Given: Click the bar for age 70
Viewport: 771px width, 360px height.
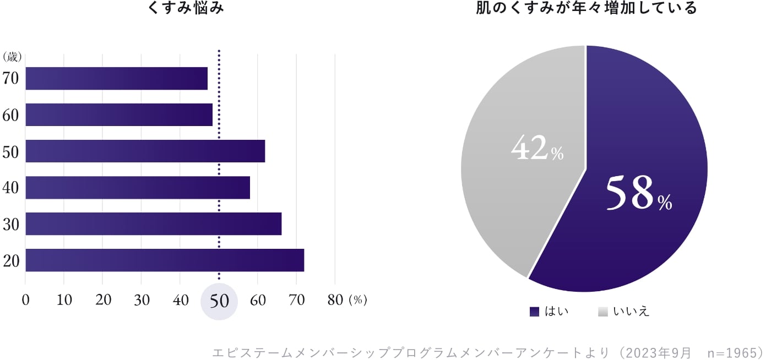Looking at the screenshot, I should pyautogui.click(x=117, y=78).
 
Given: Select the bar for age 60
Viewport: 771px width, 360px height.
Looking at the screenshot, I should pyautogui.click(x=119, y=114).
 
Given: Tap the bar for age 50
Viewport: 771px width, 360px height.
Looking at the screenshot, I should pyautogui.click(x=145, y=151).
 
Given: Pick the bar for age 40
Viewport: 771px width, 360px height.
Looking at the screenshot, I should pyautogui.click(x=138, y=187).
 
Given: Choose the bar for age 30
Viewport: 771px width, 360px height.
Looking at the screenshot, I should pyautogui.click(x=154, y=223).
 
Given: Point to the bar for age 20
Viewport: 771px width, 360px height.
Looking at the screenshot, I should pyautogui.click(x=165, y=260).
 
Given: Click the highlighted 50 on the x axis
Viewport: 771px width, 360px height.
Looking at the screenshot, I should pyautogui.click(x=219, y=301).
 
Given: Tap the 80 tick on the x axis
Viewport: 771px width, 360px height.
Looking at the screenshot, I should pyautogui.click(x=335, y=300).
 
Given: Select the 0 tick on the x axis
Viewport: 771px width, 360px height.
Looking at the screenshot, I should pyautogui.click(x=25, y=300).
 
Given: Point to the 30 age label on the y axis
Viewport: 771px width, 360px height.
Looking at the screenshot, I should pyautogui.click(x=11, y=224).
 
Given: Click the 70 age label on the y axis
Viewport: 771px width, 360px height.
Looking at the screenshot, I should pyautogui.click(x=11, y=78).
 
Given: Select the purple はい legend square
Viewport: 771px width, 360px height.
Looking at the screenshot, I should pyautogui.click(x=534, y=312).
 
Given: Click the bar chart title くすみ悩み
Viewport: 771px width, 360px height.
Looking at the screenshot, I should pyautogui.click(x=186, y=8).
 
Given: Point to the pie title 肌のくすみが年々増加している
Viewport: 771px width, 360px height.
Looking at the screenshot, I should pyautogui.click(x=587, y=8).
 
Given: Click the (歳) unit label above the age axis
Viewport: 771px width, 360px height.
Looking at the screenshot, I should pyautogui.click(x=12, y=57).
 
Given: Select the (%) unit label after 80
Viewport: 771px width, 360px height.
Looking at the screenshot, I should pyautogui.click(x=358, y=300).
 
